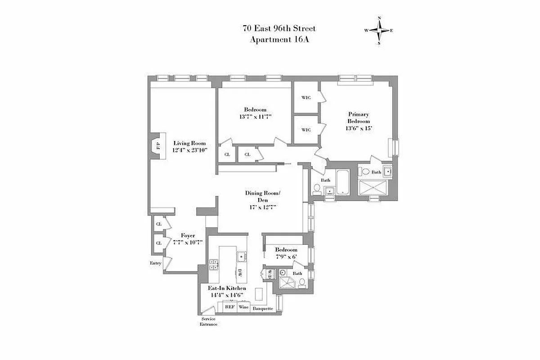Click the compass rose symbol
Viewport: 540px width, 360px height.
(x=379, y=31)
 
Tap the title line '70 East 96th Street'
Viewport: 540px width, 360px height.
(x=279, y=29)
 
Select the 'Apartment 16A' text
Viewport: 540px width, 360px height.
(x=279, y=40)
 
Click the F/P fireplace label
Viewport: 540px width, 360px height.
(x=158, y=146)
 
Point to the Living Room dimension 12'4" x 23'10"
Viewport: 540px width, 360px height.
(x=189, y=150)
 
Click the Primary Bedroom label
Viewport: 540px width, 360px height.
(x=359, y=118)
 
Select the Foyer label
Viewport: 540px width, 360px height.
(x=188, y=235)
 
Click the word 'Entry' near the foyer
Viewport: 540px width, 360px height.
(x=155, y=263)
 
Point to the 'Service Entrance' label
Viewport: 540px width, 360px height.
(x=208, y=321)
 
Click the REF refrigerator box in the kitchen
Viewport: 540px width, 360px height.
(x=229, y=307)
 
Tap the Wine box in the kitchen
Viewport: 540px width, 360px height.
(x=243, y=307)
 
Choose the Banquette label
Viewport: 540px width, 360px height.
(x=263, y=309)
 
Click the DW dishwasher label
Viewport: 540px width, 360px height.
(x=240, y=272)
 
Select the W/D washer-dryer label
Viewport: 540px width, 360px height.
(x=269, y=273)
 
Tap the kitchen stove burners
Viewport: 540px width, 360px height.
(x=213, y=265)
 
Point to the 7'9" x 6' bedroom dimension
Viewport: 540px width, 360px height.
(x=286, y=256)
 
